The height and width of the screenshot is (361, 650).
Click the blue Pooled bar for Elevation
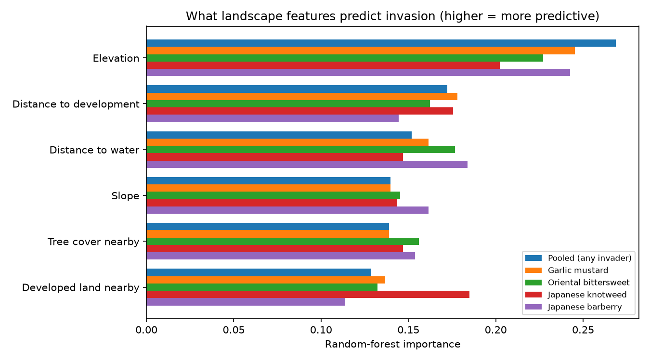point(381,43)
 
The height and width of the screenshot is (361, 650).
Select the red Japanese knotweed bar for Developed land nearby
point(308,294)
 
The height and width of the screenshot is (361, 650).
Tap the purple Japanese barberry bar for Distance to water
point(307,164)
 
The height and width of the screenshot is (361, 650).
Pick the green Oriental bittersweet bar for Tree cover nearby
point(283,242)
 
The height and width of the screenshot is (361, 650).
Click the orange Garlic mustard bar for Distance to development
point(302,96)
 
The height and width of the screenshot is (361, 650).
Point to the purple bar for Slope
point(287,210)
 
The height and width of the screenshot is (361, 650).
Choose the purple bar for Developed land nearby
point(246,302)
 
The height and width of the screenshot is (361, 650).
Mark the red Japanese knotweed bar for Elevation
point(323,65)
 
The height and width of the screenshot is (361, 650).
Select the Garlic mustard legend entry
point(567,270)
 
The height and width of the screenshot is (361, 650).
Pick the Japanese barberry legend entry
point(573,307)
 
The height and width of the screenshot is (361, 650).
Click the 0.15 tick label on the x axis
point(408,330)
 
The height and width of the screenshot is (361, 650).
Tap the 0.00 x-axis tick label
point(146,330)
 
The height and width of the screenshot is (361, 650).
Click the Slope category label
point(125,196)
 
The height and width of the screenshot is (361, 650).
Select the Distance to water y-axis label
point(94,150)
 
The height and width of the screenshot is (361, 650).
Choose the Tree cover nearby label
point(93,242)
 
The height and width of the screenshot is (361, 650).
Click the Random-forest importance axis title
point(392,344)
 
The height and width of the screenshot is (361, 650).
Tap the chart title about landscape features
point(392,16)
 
